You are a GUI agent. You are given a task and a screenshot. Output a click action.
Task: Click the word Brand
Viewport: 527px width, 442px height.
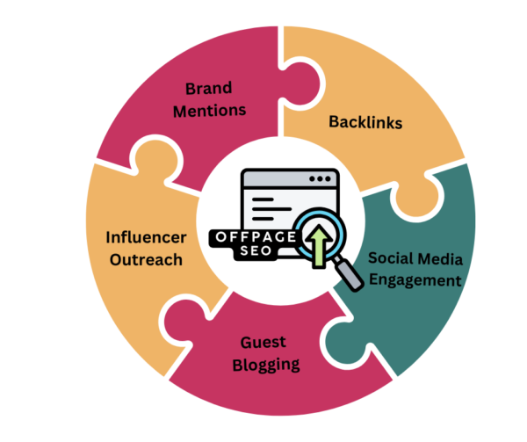(209, 89)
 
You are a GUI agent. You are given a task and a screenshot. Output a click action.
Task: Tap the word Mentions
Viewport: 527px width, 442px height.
(209, 111)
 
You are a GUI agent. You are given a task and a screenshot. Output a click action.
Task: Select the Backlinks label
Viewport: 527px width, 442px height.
(365, 122)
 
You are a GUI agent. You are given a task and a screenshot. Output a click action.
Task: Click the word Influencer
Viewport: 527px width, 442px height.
(146, 237)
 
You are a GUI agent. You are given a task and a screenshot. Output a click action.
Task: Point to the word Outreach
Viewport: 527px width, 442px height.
(146, 260)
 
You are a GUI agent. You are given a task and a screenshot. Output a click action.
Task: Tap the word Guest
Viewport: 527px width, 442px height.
(263, 343)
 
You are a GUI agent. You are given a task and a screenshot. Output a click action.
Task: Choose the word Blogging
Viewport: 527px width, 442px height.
(266, 366)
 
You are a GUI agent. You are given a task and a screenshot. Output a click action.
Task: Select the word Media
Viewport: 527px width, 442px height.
(441, 259)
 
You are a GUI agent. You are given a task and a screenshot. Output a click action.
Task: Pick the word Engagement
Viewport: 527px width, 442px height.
(415, 280)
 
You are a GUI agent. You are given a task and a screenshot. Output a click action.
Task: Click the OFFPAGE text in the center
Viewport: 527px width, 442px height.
(256, 237)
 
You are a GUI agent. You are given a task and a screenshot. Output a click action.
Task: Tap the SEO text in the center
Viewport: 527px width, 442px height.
(256, 250)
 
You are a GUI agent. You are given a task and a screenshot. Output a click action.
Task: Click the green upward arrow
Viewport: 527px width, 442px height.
(319, 246)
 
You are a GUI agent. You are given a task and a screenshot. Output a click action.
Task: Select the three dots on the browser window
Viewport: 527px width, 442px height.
(320, 178)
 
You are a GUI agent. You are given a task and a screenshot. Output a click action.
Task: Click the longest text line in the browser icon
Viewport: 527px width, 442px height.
(271, 209)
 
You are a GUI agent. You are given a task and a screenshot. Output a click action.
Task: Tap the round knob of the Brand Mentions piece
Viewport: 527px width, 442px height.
(300, 84)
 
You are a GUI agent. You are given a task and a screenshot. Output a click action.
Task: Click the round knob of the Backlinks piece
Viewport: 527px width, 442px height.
(416, 197)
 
